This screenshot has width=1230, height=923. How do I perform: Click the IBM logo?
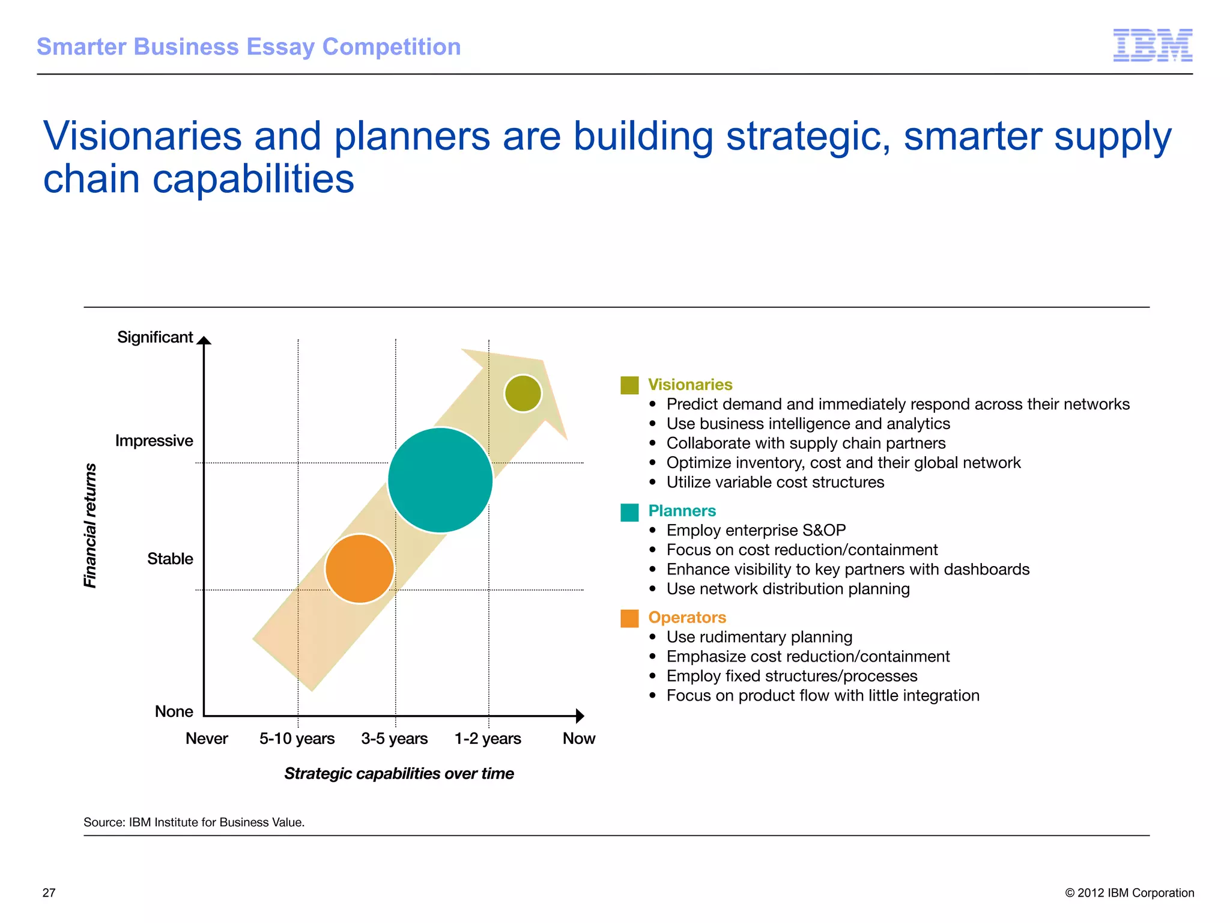(x=1153, y=46)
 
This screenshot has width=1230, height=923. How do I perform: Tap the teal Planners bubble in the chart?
(x=440, y=480)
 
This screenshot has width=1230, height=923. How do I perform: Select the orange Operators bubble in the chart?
(x=359, y=568)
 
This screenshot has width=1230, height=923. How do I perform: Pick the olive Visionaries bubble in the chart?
(x=523, y=394)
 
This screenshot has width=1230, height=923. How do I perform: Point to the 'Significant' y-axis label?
(x=155, y=337)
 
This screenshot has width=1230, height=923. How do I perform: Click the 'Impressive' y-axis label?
(x=154, y=440)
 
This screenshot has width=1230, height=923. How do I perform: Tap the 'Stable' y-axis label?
(x=170, y=559)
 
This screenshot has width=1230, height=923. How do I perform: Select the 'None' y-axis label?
(x=174, y=711)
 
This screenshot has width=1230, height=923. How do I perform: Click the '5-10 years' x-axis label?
(x=297, y=739)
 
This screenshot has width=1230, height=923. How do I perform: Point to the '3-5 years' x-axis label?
(x=394, y=739)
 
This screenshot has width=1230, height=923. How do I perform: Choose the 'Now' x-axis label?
(x=578, y=739)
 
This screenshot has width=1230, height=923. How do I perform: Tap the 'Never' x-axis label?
(x=207, y=739)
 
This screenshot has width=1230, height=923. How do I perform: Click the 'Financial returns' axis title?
(x=90, y=526)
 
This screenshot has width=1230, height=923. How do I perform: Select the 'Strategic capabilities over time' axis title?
(x=399, y=773)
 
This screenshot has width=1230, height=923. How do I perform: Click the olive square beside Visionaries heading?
(x=629, y=385)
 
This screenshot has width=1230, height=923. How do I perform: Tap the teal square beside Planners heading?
(x=629, y=512)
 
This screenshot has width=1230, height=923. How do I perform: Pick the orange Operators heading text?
(x=687, y=618)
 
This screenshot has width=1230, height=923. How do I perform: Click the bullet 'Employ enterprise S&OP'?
(x=756, y=531)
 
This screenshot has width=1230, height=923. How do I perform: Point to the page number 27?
(x=49, y=893)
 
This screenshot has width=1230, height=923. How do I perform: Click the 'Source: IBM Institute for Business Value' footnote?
(x=194, y=822)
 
